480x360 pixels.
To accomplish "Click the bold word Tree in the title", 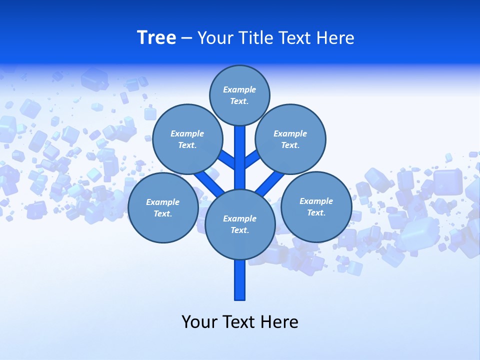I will pyautogui.click(x=156, y=38).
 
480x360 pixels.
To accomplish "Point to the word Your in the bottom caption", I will pyautogui.click(x=199, y=321).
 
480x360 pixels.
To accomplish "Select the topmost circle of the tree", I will pyautogui.click(x=239, y=95).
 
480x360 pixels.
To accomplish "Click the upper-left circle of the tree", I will pyautogui.click(x=187, y=139).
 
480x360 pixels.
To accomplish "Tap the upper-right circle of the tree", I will pyautogui.click(x=290, y=139).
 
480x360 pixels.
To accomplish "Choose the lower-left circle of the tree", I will pyautogui.click(x=163, y=207).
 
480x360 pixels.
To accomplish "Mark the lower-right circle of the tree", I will pyautogui.click(x=316, y=206).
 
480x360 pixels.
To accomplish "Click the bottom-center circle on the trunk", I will pyautogui.click(x=240, y=224).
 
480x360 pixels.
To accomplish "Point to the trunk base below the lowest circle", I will pyautogui.click(x=240, y=280).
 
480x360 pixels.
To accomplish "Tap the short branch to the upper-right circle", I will pyautogui.click(x=251, y=159).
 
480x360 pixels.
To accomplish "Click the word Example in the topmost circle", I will pyautogui.click(x=239, y=90).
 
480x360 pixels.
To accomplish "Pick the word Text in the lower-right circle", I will pyautogui.click(x=316, y=212).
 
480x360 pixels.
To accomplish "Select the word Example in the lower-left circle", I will pyautogui.click(x=163, y=202).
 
